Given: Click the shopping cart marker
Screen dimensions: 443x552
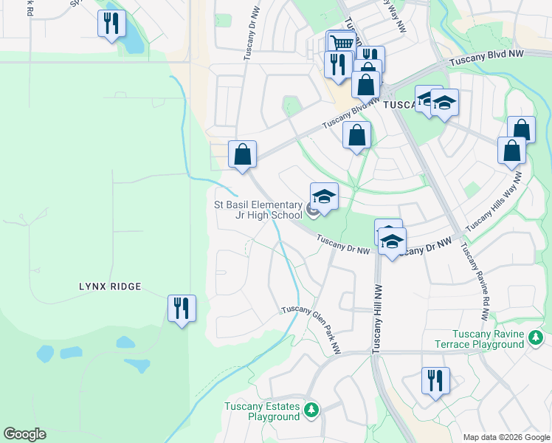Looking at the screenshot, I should click(339, 42).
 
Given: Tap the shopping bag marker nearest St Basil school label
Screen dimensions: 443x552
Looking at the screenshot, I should click(242, 155).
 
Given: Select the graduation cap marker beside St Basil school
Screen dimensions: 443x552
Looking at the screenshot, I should click(324, 197).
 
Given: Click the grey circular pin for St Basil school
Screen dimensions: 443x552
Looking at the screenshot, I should click(313, 211).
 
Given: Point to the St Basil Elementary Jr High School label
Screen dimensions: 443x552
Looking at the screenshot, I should click(258, 210).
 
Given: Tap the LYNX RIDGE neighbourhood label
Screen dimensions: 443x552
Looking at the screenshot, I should click(111, 286).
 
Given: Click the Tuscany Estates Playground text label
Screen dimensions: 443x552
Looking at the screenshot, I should click(263, 412).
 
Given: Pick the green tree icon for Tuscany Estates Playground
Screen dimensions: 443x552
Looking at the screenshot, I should click(312, 410).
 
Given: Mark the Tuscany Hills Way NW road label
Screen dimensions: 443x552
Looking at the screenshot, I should click(494, 201).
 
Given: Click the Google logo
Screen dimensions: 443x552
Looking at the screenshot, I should click(24, 434).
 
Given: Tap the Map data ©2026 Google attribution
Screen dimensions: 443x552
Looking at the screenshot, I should click(507, 437).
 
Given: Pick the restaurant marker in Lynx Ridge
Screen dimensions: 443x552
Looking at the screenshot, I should click(182, 308).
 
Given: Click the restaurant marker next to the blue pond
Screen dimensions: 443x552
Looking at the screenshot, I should click(111, 24).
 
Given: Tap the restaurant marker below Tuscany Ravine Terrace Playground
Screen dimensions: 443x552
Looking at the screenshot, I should click(435, 381).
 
